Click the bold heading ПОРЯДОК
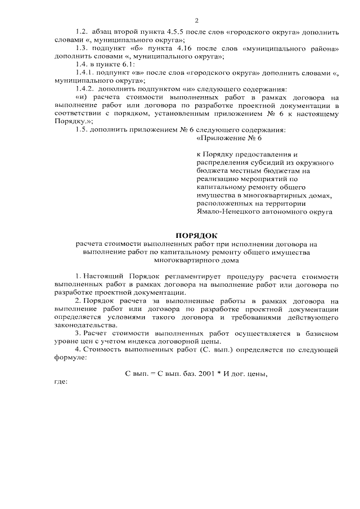tap(196, 235)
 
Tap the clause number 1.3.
tap(82, 49)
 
